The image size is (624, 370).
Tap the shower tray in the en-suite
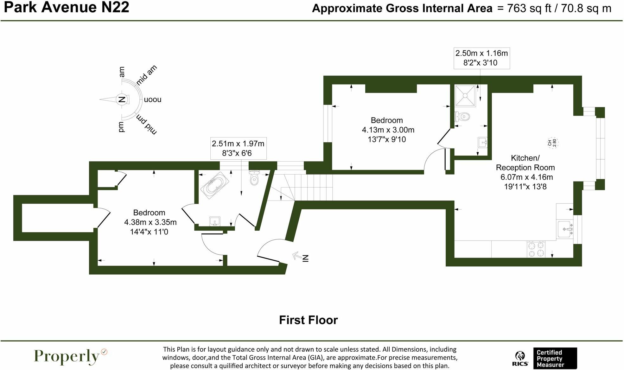click(465, 95)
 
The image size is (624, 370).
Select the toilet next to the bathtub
click(254, 178)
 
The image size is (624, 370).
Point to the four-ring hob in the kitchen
click(536, 249)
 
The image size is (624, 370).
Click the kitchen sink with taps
click(565, 229)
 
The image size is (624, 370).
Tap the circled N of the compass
click(121, 99)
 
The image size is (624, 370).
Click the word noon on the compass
click(153, 99)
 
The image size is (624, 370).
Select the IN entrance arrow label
click(305, 258)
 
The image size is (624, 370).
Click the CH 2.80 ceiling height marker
click(552, 143)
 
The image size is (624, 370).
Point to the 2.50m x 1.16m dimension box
click(481, 58)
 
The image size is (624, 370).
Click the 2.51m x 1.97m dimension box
click(238, 148)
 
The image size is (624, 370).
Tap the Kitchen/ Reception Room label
click(525, 163)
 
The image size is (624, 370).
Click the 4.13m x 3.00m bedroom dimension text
click(388, 130)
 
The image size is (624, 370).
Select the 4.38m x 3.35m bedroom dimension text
click(150, 222)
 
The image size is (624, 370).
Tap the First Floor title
click(308, 320)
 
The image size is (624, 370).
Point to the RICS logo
click(520, 359)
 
